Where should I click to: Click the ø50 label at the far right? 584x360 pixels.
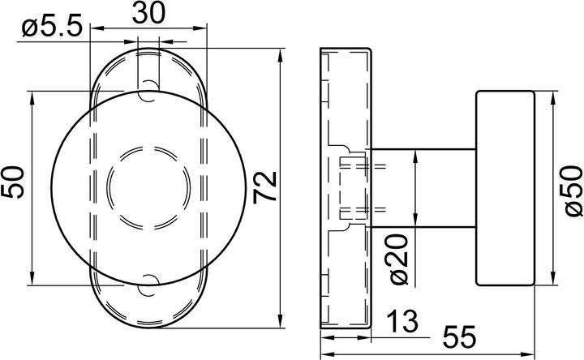click(x=573, y=190)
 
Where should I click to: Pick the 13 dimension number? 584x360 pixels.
click(x=401, y=321)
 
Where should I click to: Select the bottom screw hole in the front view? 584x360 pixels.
click(x=149, y=283)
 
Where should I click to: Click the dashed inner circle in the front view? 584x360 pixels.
click(x=149, y=186)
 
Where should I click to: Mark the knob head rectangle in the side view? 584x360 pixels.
click(x=504, y=188)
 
